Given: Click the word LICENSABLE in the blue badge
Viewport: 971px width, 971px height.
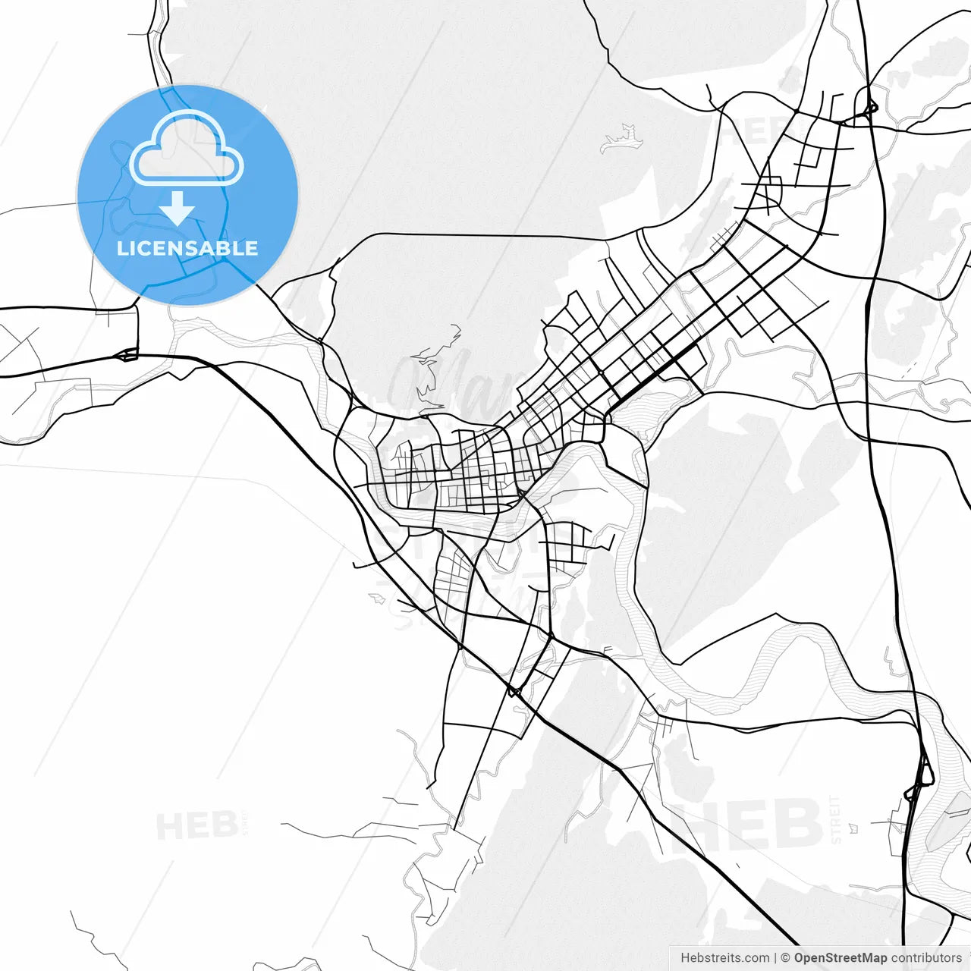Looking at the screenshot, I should pos(187,248).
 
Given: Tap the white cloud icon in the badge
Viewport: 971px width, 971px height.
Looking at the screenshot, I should pos(187,148).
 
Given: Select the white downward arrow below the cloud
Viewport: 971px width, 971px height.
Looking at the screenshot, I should pos(178,208).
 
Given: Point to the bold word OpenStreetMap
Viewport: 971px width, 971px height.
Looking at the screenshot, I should pos(841,958).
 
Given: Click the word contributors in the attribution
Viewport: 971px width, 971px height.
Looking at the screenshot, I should pos(926,958).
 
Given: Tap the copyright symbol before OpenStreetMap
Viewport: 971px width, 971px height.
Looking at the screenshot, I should pos(785,958).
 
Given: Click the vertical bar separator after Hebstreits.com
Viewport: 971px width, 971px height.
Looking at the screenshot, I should pos(775,958).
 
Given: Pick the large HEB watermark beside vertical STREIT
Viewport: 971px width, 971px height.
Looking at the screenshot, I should pos(746,824).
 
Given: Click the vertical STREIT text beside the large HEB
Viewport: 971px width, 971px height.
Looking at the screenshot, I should pos(835,819).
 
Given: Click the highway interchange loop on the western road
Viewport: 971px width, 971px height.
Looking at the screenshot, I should pos(127,354).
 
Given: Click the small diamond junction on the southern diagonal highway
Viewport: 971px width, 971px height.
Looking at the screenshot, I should pos(514,691).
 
